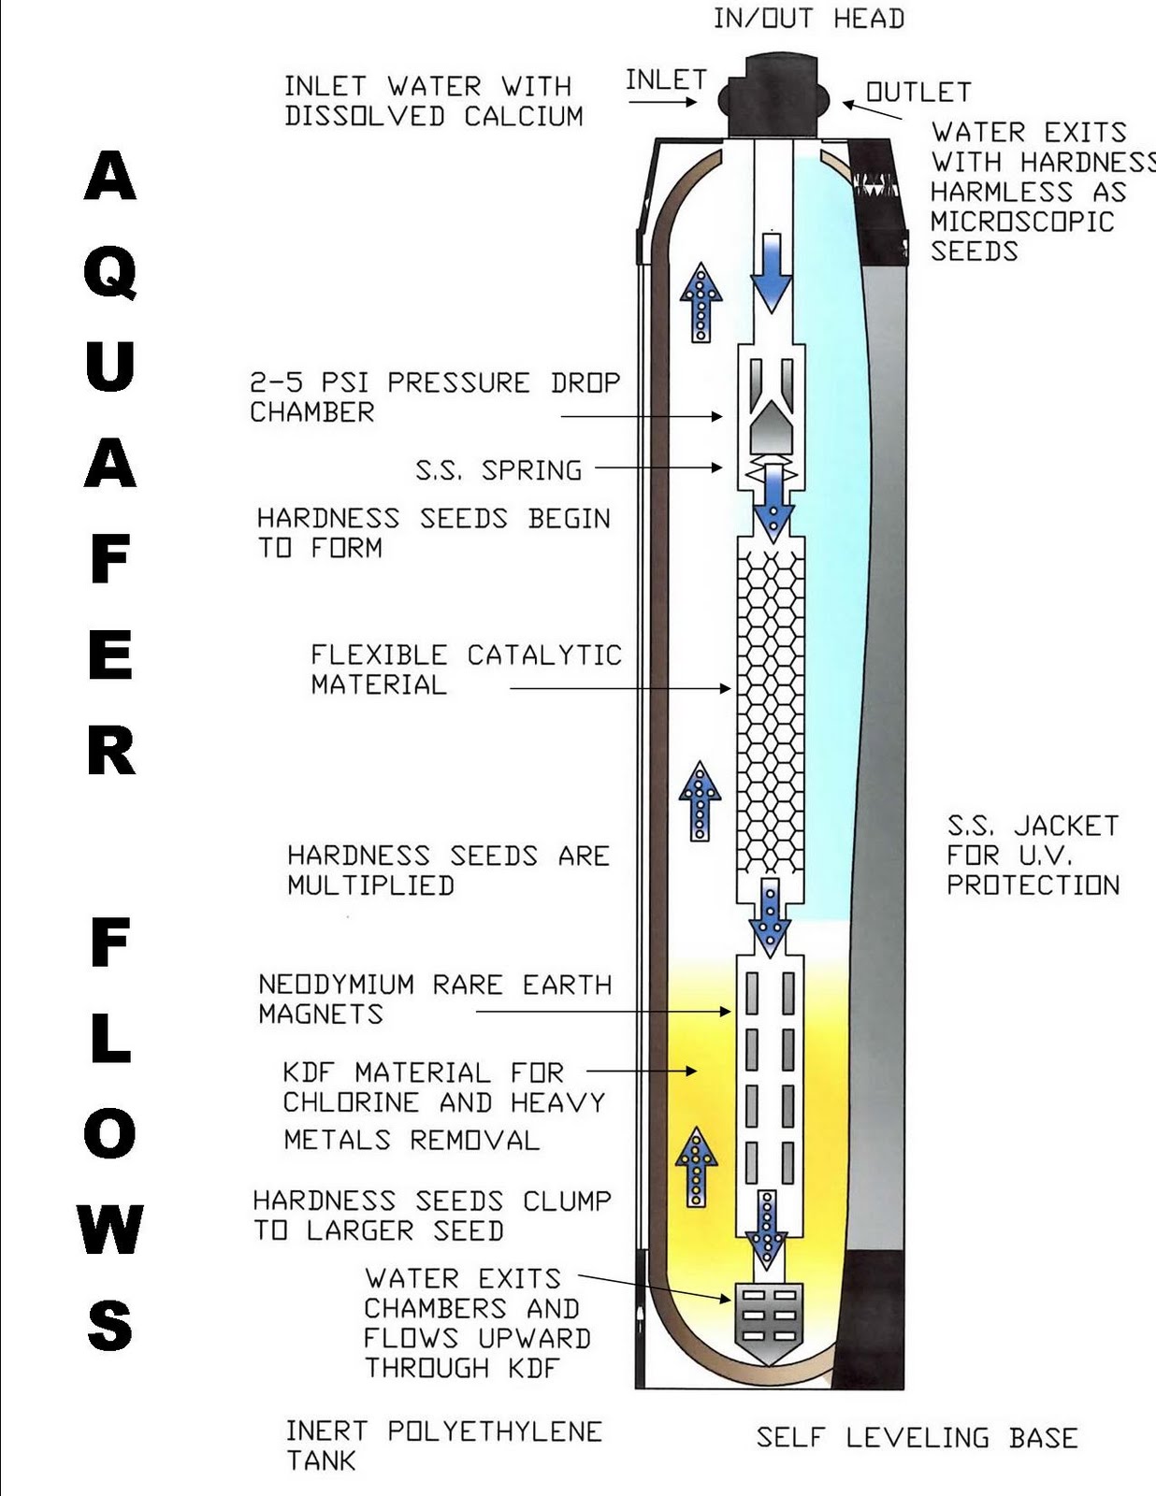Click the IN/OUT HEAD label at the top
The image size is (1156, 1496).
pos(808,19)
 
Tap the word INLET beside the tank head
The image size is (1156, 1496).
pos(665,80)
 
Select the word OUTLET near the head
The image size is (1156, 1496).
pos(918,93)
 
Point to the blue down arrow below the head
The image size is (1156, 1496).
pos(771,271)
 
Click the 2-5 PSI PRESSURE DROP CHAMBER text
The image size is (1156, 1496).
pos(434,397)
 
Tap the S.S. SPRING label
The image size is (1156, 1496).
pos(499,469)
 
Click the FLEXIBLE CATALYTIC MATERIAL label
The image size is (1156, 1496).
pos(465,669)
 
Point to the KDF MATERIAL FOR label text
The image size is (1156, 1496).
pos(423,1072)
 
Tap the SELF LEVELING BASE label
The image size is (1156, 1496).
pos(917,1437)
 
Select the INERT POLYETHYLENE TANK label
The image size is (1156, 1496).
pos(443,1445)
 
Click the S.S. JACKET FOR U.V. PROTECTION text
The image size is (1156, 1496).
pos(1033,855)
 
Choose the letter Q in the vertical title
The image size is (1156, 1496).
pos(110,272)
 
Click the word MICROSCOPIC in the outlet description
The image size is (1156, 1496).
pos(1022,222)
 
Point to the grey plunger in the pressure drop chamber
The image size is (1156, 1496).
pos(771,428)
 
